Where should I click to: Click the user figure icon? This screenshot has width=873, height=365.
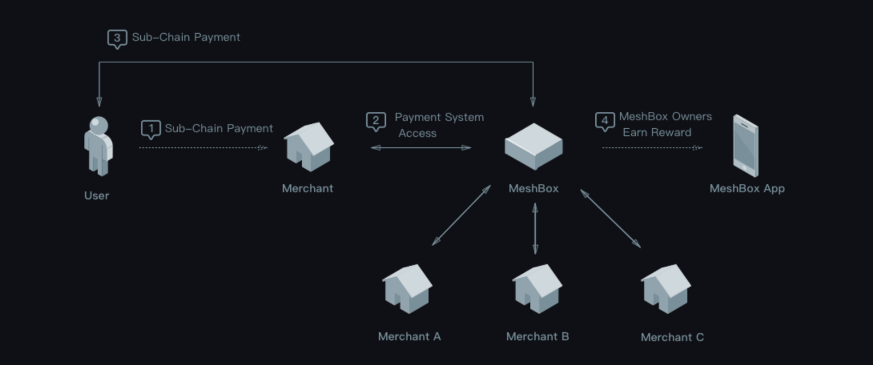click(98, 146)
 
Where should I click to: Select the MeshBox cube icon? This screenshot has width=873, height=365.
click(533, 146)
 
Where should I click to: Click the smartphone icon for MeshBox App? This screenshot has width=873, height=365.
click(745, 146)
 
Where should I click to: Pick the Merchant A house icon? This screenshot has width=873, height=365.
click(407, 289)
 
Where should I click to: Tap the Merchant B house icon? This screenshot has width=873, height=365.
click(537, 289)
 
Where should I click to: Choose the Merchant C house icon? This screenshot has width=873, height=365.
click(666, 289)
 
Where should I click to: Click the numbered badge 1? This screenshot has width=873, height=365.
click(151, 129)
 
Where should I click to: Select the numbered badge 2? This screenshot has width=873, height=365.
click(376, 121)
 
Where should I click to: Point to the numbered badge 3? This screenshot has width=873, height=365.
click(117, 38)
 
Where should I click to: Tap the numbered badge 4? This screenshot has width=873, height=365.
click(605, 121)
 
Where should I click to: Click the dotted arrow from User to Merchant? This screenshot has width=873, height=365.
click(203, 147)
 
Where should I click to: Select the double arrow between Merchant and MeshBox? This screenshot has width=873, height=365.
click(421, 147)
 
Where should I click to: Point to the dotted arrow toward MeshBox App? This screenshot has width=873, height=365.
click(652, 147)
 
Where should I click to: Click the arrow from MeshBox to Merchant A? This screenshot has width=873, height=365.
click(461, 216)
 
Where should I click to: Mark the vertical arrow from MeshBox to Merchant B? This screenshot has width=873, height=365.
click(535, 229)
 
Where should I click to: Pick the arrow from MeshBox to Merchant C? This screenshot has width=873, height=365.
click(611, 218)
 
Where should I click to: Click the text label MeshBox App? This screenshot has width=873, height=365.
click(747, 189)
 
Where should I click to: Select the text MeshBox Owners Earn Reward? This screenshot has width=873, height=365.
click(665, 124)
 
